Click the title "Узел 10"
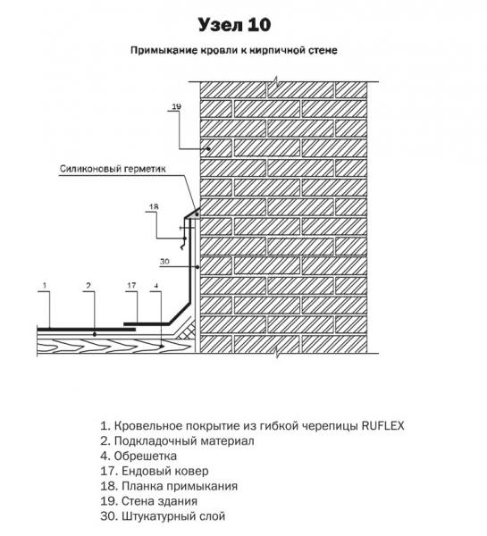click(235, 25)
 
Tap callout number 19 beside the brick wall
click(176, 106)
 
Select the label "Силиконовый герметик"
click(113, 169)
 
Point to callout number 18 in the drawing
click(154, 207)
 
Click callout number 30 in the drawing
click(164, 262)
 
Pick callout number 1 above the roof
click(45, 286)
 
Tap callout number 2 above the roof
click(89, 286)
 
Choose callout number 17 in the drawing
click(131, 285)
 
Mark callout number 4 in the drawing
click(156, 286)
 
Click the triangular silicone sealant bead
click(196, 214)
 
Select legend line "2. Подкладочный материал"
click(177, 441)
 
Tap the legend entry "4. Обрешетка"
click(139, 456)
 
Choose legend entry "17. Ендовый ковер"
click(155, 471)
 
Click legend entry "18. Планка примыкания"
click(169, 486)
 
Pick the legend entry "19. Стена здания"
click(148, 501)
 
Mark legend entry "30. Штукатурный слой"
click(163, 516)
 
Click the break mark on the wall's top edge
click(276, 81)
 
